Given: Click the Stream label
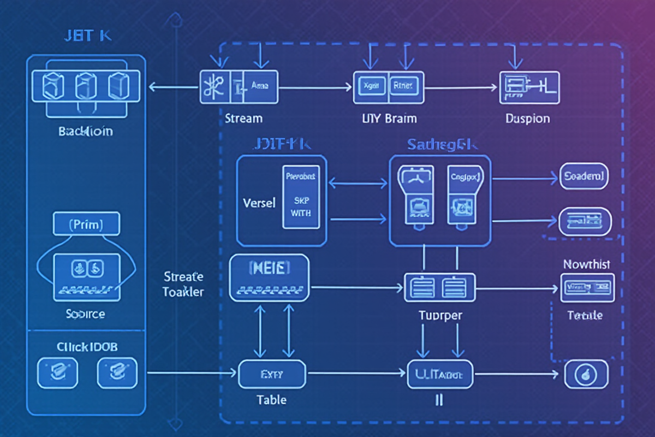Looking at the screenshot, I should (243, 118).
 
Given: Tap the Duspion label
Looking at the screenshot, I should (527, 119).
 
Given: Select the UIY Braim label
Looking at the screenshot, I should (389, 119).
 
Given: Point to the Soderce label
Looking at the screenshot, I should (86, 314).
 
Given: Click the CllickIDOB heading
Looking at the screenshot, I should (87, 347).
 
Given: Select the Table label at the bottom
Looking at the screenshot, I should (271, 400).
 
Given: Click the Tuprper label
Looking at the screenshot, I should (440, 315).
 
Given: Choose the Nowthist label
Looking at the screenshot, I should (586, 264).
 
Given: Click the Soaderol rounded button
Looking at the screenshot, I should (584, 176).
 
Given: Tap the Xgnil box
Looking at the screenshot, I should (372, 86).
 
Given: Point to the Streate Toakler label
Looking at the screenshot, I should (183, 284).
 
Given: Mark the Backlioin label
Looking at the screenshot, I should (86, 132).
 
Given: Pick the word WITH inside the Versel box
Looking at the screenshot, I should (301, 213).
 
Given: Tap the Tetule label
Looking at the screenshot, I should (585, 315).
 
